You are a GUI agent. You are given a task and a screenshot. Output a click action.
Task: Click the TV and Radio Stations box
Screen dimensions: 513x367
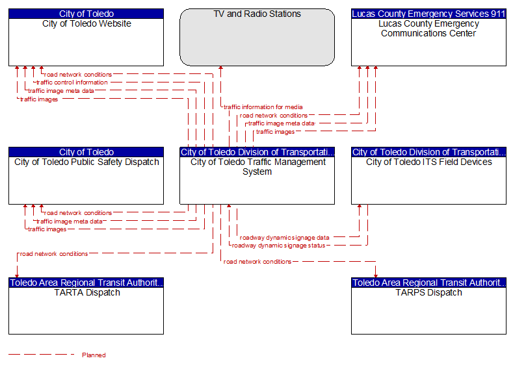(x=257, y=37)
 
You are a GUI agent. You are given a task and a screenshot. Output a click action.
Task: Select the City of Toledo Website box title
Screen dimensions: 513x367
(x=86, y=23)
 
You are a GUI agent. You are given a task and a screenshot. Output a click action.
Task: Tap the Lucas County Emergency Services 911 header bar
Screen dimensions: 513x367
(x=428, y=14)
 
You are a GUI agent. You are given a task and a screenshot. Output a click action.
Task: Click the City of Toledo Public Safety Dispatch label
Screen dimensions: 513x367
(x=86, y=162)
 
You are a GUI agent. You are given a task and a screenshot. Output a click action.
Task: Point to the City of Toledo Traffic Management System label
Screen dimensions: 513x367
(x=257, y=167)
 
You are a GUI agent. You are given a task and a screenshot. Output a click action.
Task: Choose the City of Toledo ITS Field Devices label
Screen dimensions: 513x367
(x=429, y=162)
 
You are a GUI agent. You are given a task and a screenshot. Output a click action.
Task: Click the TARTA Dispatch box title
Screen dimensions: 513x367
(x=87, y=292)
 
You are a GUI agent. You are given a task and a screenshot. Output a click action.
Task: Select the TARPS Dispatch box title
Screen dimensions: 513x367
(x=429, y=292)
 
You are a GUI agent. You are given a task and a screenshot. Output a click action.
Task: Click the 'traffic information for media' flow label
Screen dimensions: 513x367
(x=263, y=107)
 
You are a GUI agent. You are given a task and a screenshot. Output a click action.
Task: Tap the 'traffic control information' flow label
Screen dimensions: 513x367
(x=72, y=82)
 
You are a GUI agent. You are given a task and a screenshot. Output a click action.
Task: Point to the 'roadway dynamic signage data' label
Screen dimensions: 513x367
(x=284, y=238)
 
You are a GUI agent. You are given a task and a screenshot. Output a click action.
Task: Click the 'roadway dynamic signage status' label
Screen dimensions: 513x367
(x=278, y=246)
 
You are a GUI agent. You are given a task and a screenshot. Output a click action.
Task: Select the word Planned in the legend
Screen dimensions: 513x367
(x=94, y=355)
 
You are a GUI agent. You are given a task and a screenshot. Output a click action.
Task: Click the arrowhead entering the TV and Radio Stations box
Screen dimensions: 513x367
(x=221, y=68)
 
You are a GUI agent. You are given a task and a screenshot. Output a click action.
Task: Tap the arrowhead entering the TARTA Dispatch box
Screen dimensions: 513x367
(x=17, y=276)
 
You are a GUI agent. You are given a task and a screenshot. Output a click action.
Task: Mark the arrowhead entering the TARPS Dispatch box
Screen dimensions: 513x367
(x=376, y=276)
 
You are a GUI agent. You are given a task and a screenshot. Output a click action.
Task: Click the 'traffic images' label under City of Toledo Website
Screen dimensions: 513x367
(x=39, y=99)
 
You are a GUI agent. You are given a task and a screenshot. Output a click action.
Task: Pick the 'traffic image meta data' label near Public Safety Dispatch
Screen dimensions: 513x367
(x=70, y=221)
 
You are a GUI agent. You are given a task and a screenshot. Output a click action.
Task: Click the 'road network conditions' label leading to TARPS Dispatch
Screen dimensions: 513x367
(x=257, y=261)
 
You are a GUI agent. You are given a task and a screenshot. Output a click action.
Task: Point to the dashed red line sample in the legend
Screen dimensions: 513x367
(x=42, y=354)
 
